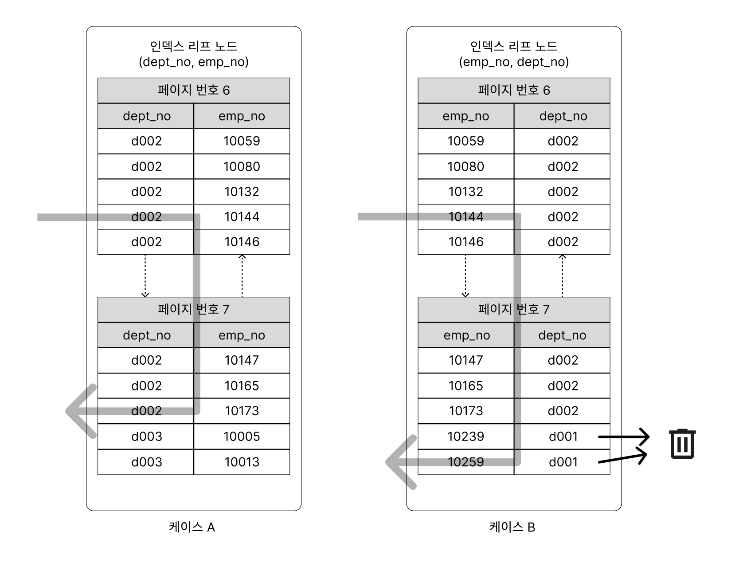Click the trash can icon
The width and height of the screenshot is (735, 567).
(x=682, y=444)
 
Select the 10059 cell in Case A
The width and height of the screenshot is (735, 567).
(x=242, y=141)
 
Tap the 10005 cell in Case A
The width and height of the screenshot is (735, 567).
(x=242, y=436)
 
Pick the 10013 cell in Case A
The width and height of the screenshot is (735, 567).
(x=242, y=462)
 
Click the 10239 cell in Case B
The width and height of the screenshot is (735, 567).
(x=466, y=436)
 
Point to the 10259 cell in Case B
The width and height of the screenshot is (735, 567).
(x=466, y=462)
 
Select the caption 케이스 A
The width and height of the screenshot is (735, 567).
(x=192, y=527)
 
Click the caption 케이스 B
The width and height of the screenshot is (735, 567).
(x=512, y=527)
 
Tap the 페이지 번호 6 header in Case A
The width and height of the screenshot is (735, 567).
(x=193, y=91)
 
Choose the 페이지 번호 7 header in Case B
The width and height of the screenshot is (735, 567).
(x=514, y=309)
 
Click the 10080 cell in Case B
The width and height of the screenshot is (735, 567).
(x=466, y=166)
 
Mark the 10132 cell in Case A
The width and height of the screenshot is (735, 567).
(x=242, y=192)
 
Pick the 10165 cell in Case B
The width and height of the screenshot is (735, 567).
(x=466, y=386)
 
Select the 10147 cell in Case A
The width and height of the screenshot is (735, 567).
(x=242, y=360)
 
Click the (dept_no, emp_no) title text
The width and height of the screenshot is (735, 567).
(x=193, y=62)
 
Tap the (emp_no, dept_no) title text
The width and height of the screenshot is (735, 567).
(x=514, y=62)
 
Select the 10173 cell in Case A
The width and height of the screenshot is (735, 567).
(x=242, y=411)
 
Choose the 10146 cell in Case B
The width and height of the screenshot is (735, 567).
(x=466, y=242)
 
